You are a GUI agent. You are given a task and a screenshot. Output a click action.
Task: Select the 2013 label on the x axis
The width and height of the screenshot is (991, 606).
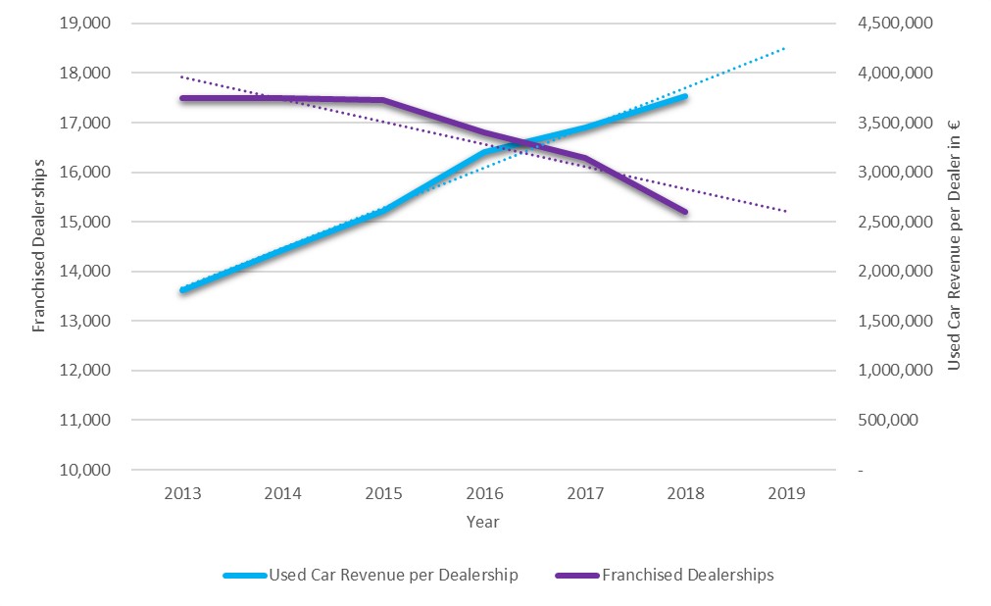(x=182, y=493)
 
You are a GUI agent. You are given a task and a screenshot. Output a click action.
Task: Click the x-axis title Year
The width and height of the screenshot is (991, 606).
(x=482, y=523)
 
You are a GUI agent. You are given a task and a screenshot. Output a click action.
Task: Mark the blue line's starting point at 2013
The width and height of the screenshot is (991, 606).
(x=182, y=290)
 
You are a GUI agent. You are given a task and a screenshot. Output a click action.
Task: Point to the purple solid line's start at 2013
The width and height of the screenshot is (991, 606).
(x=182, y=98)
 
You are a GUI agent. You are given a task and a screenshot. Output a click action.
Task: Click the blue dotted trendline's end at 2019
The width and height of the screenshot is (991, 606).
(x=785, y=47)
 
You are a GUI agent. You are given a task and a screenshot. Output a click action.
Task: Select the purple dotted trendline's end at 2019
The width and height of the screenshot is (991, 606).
(x=785, y=211)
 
